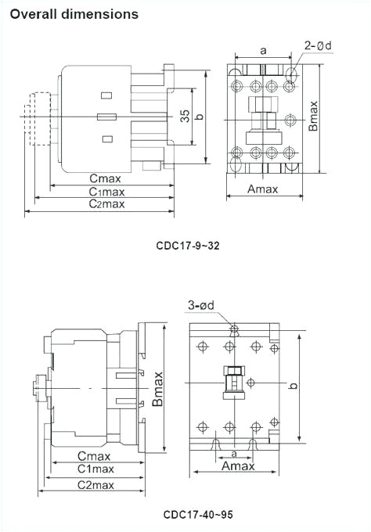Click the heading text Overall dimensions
74,14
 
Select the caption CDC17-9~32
187,246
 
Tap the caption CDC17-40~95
197,515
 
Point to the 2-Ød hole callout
318,45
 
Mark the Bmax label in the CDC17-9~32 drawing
313,115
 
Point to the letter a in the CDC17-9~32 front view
263,50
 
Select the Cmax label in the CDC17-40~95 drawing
94,456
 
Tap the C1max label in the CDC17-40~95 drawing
95,469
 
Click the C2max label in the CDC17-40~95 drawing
95,485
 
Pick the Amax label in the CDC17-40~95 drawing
237,466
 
